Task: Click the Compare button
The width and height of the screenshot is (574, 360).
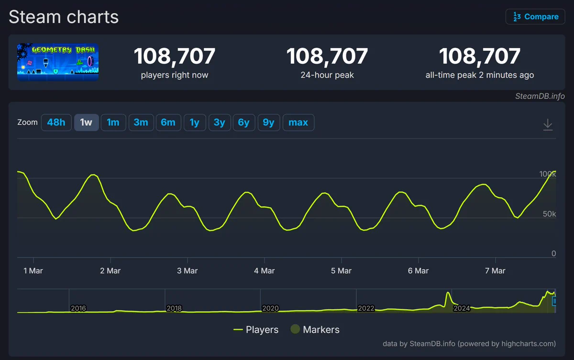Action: pyautogui.click(x=535, y=17)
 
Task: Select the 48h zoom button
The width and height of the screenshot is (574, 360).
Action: pyautogui.click(x=56, y=122)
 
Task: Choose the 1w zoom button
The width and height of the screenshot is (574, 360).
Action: pyautogui.click(x=87, y=122)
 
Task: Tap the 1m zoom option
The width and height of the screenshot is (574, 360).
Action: pyautogui.click(x=113, y=122)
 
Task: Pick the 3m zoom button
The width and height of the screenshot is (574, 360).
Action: pyautogui.click(x=141, y=122)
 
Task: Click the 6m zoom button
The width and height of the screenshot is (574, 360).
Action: pyautogui.click(x=168, y=122)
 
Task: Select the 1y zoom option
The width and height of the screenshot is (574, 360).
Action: pyautogui.click(x=195, y=122)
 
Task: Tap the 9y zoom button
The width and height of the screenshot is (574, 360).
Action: pyautogui.click(x=268, y=122)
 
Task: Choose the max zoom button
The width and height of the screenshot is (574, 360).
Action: pyautogui.click(x=298, y=122)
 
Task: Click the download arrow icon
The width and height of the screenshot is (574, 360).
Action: pyautogui.click(x=548, y=125)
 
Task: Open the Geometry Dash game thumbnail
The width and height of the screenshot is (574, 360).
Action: pyautogui.click(x=58, y=62)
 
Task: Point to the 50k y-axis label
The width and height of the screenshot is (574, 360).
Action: pyautogui.click(x=549, y=214)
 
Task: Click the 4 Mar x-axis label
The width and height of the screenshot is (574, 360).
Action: pyautogui.click(x=264, y=271)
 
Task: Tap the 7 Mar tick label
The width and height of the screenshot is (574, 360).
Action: pyautogui.click(x=495, y=271)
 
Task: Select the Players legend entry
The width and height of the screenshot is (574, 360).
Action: pyautogui.click(x=256, y=329)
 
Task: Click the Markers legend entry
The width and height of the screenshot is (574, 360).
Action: pyautogui.click(x=315, y=329)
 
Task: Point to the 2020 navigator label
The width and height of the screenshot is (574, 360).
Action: pyautogui.click(x=270, y=308)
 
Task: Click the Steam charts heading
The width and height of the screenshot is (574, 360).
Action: pyautogui.click(x=64, y=17)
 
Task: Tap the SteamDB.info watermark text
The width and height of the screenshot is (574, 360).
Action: pyautogui.click(x=540, y=96)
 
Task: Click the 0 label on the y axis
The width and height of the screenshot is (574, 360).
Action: pyautogui.click(x=553, y=253)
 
